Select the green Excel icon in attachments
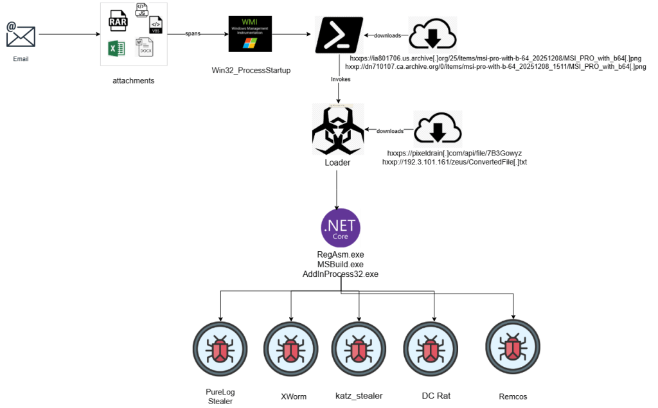click(116, 49)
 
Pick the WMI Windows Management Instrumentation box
click(251, 34)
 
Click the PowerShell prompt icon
click(339, 35)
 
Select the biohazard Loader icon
click(338, 129)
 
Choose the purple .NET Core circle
click(341, 229)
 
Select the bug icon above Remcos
click(513, 347)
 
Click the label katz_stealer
click(359, 396)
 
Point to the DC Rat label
click(436, 396)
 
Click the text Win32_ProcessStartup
click(251, 70)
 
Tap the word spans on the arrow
click(193, 33)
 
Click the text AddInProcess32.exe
click(340, 274)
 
